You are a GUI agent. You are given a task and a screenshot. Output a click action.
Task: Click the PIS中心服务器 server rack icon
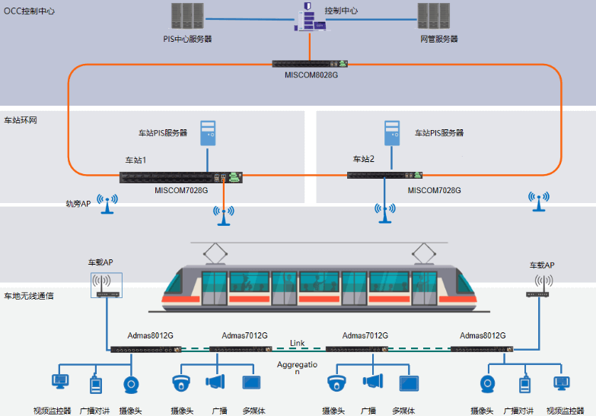point(186,16)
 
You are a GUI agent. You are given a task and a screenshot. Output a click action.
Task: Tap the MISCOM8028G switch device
point(311,65)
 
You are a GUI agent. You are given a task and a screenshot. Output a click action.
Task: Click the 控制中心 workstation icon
point(308,17)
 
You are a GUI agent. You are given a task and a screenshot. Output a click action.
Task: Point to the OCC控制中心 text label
point(30,11)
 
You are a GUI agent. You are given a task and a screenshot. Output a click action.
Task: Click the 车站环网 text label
point(21,120)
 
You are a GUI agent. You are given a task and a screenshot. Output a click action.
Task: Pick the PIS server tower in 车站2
point(393,133)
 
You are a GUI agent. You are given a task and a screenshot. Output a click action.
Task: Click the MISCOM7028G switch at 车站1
point(180,177)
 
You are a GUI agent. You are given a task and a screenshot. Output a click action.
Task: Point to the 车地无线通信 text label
point(29,295)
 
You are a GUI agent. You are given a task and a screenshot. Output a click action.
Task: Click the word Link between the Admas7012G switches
point(297,344)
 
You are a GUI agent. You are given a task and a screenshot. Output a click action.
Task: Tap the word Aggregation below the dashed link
point(297,367)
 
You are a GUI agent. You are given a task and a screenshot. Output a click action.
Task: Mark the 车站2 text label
point(363,159)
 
